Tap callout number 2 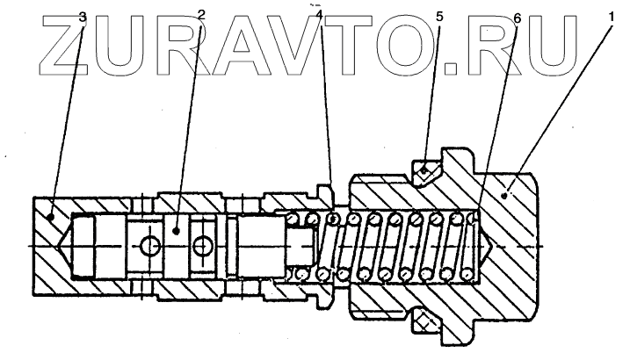pyautogui.click(x=201, y=14)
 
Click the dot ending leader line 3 pyautogui.click(x=52, y=214)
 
